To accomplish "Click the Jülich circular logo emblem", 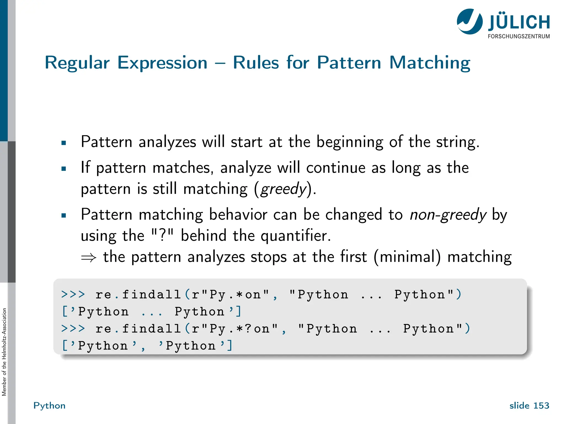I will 470,22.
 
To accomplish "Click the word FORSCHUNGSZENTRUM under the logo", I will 519,36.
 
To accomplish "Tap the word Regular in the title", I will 77,63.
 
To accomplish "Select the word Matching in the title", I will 430,63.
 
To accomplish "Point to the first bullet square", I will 64,143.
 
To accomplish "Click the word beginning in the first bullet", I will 350,142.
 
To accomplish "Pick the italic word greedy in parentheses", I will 284,189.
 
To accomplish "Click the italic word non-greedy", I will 448,215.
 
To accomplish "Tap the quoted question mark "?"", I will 163,235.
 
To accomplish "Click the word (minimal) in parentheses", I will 407,257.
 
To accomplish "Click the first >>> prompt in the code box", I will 73,294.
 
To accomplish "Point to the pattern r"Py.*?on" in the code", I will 234,329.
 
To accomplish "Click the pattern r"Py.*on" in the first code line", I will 230,295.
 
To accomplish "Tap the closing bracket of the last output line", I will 230,345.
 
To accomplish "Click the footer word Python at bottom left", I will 49,406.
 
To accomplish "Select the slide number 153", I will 541,406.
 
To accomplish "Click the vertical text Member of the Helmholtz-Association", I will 4,352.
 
